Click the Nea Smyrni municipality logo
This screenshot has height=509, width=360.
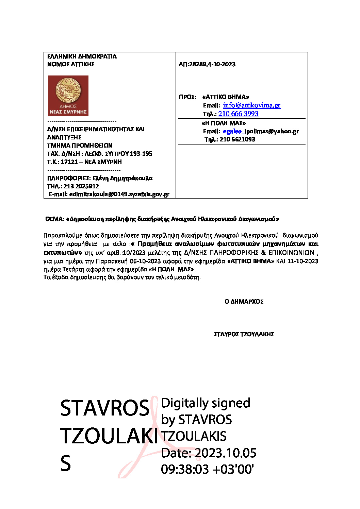pos(68,96)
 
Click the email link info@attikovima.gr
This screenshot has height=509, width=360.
pos(251,105)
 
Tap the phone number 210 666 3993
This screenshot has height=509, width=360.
pos(238,114)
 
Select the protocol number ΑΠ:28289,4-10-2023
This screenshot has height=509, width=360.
pos(207,64)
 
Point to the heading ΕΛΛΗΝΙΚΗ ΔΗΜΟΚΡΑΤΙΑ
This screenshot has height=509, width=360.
pos(82,56)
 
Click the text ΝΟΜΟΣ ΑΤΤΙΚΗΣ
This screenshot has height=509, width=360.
pos(71,64)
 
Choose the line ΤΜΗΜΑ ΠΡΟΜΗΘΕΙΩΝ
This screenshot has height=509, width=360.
pos(80,146)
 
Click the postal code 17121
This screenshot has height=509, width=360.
pos(69,162)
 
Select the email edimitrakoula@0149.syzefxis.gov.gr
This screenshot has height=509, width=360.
pos(119,194)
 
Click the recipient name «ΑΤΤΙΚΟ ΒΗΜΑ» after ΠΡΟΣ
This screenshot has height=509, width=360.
pos(226,97)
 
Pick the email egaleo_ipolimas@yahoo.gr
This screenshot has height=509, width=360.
pos(261,131)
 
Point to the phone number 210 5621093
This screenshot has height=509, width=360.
pos(237,139)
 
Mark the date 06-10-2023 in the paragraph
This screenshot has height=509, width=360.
pos(145,261)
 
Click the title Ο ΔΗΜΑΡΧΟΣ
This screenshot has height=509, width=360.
pos(244,302)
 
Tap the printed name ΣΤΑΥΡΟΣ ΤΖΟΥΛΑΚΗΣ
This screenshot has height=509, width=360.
pos(244,334)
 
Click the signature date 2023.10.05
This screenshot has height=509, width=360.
pos(226,453)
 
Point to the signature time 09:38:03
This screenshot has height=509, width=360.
pos(185,469)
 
